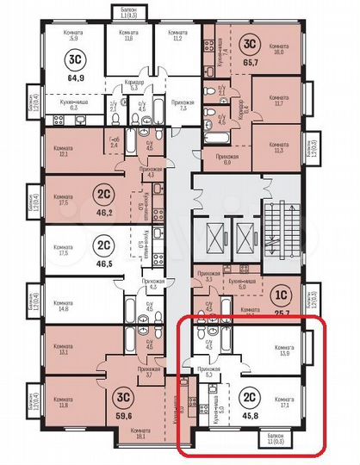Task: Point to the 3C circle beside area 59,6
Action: (x=119, y=398)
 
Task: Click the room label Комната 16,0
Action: (x=279, y=48)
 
